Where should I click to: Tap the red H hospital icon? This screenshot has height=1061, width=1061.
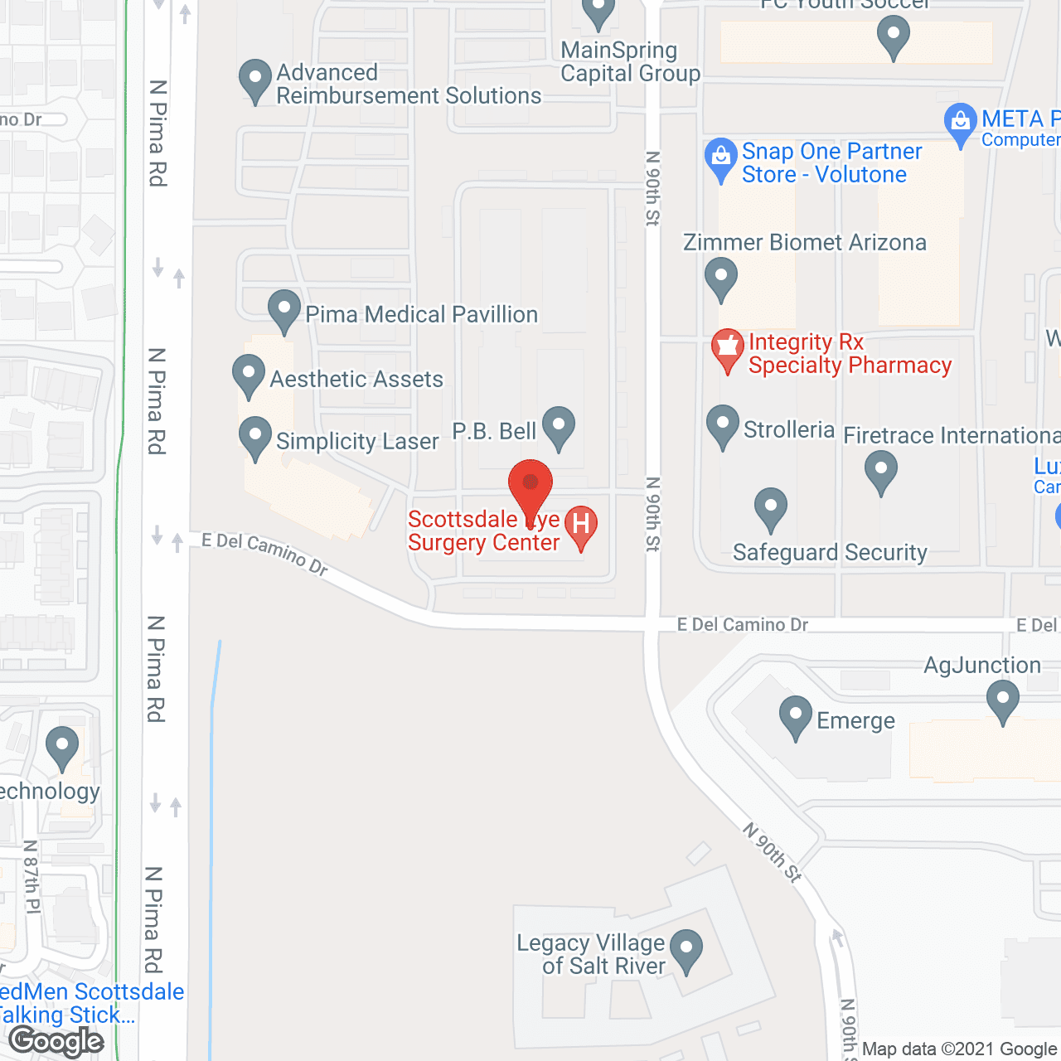[x=581, y=525]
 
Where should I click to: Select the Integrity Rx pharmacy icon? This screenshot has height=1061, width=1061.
[x=728, y=347]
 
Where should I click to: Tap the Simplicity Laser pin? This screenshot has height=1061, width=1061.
[x=255, y=436]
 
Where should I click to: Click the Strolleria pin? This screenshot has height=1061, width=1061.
[x=723, y=424]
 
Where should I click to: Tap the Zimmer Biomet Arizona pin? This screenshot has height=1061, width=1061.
[x=721, y=277]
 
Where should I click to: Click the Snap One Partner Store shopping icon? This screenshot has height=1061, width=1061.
[x=721, y=157]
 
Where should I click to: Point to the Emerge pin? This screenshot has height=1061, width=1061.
[x=796, y=715]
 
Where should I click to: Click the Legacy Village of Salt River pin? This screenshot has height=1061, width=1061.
[x=686, y=949]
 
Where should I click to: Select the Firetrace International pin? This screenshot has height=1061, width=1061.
[x=881, y=470]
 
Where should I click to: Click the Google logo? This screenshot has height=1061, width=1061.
[x=56, y=1041]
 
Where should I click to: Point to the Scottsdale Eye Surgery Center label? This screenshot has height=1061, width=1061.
[x=484, y=530]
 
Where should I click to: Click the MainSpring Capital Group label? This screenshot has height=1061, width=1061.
[x=630, y=62]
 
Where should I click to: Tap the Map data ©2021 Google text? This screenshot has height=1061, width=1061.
[x=960, y=1049]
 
